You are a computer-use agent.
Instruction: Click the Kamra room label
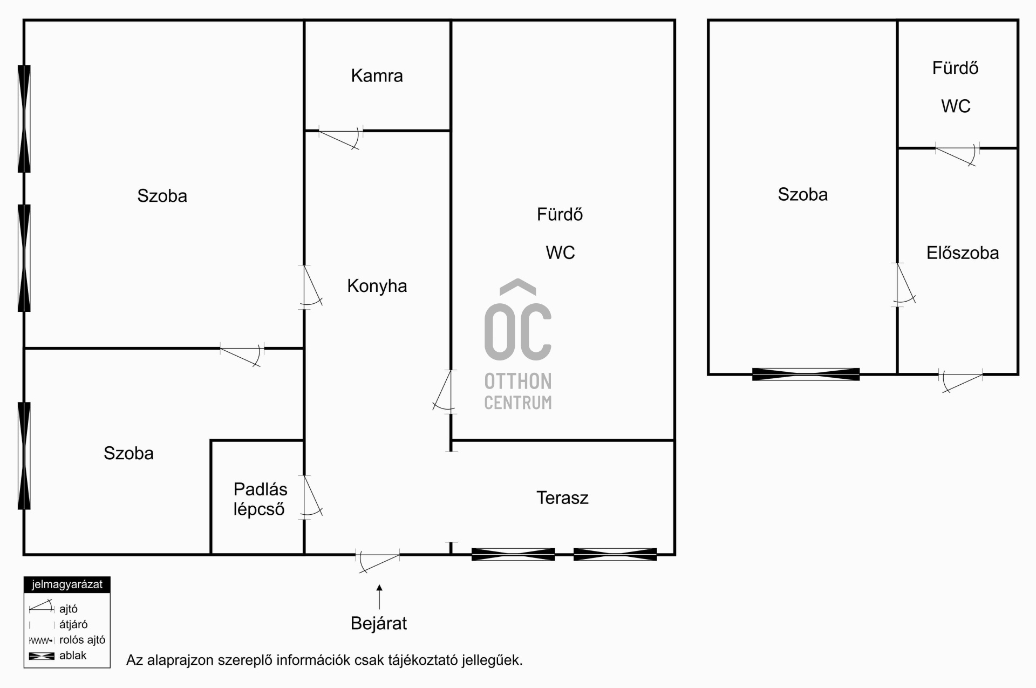pyautogui.click(x=377, y=76)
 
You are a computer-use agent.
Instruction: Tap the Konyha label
pyautogui.click(x=377, y=286)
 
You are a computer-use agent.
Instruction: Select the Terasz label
pyautogui.click(x=562, y=498)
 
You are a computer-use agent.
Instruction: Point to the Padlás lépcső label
pyautogui.click(x=260, y=499)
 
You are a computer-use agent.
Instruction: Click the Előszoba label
pyautogui.click(x=963, y=253)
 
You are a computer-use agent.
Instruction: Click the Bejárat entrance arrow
pyautogui.click(x=379, y=597)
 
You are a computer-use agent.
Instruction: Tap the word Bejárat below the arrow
pyautogui.click(x=379, y=623)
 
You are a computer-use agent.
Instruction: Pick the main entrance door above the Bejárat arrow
pyautogui.click(x=378, y=561)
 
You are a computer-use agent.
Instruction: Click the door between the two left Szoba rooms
pyautogui.click(x=242, y=354)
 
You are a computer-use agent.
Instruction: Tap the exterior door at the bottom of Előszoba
pyautogui.click(x=960, y=381)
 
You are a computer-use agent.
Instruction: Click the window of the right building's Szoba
pyautogui.click(x=806, y=374)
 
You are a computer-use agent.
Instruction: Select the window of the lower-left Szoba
pyautogui.click(x=24, y=455)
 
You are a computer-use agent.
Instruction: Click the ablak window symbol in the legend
pyautogui.click(x=42, y=656)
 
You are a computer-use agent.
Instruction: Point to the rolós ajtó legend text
pyautogui.click(x=82, y=640)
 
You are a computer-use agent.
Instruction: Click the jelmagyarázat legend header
pyautogui.click(x=67, y=585)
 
